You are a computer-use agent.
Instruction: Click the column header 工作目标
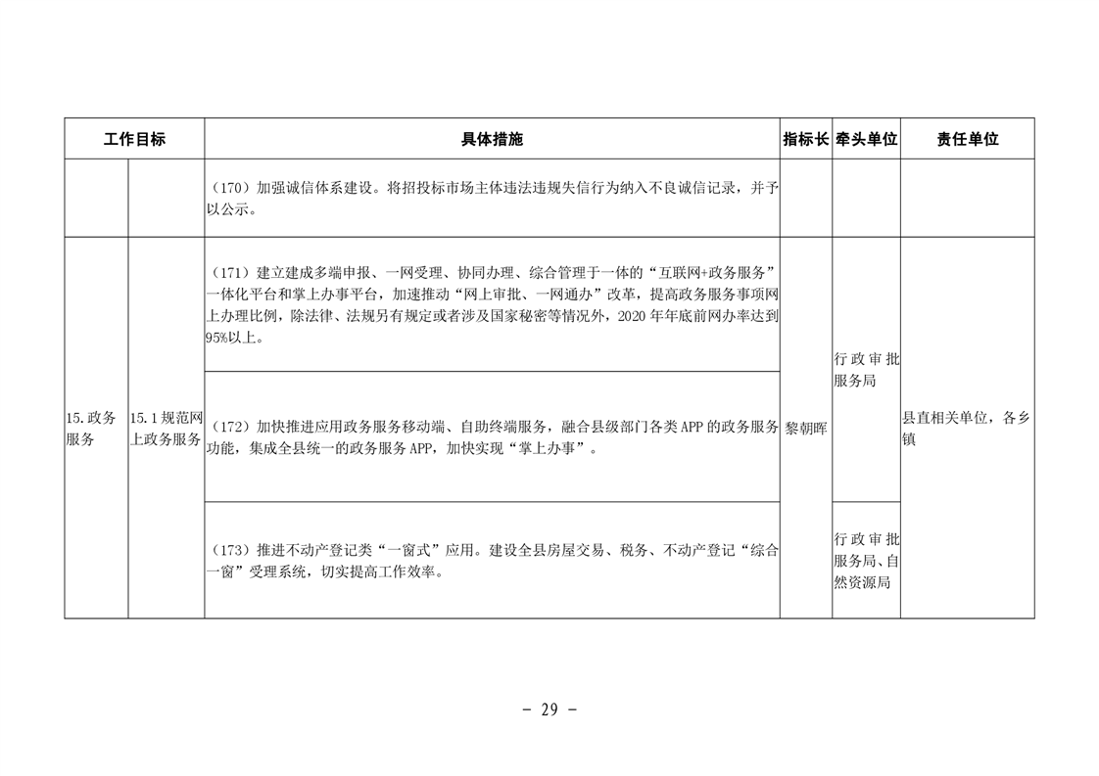pos(134,139)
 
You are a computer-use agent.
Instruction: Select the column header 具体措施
pos(492,139)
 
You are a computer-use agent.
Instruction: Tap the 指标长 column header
pos(806,139)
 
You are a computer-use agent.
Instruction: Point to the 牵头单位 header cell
pos(866,139)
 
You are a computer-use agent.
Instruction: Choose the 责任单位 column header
pos(967,139)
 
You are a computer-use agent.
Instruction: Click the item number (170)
pos(231,189)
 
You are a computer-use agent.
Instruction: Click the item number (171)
pos(231,272)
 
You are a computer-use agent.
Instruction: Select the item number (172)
pos(231,427)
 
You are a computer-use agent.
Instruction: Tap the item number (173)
pos(231,551)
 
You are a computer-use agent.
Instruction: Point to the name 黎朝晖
pos(806,429)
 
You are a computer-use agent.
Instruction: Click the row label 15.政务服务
pos(91,429)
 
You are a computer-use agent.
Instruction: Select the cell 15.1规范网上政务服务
pos(167,429)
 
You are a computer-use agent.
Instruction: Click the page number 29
pos(549,710)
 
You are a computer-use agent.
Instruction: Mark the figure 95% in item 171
pos(215,338)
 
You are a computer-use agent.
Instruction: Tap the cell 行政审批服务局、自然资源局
pos(866,561)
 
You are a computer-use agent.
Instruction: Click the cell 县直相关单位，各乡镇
pos(967,429)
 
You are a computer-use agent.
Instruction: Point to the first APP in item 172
pos(692,427)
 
